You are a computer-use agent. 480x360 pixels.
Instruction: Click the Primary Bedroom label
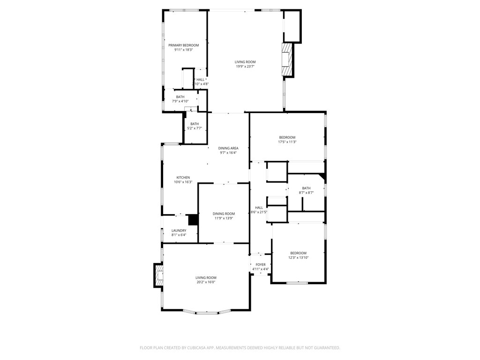click(184, 45)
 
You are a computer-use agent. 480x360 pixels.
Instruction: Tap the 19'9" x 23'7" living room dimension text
click(245, 67)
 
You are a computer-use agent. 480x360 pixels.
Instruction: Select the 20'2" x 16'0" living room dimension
click(206, 282)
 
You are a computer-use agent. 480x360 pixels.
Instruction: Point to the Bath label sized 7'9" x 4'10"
click(180, 97)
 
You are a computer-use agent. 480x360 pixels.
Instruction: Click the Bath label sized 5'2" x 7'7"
click(194, 124)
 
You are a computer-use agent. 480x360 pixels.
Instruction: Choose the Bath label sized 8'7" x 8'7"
click(306, 188)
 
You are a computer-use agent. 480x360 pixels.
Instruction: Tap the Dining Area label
click(228, 148)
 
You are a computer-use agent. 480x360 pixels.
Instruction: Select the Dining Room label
click(224, 213)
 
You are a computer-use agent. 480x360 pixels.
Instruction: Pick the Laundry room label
click(179, 230)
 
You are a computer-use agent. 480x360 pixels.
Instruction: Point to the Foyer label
click(260, 264)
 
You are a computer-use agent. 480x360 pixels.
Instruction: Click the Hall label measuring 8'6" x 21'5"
click(259, 207)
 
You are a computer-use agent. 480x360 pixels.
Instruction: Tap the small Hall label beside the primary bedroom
click(200, 80)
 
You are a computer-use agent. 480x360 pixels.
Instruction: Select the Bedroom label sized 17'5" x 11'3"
click(287, 137)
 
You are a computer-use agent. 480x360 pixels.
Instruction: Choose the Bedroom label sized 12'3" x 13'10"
click(298, 253)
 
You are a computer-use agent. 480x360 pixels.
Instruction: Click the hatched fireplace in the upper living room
click(286, 59)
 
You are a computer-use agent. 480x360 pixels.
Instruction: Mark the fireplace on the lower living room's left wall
click(158, 275)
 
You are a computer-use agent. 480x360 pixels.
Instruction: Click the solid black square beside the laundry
click(193, 220)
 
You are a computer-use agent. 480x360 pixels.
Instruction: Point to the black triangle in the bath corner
click(322, 177)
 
